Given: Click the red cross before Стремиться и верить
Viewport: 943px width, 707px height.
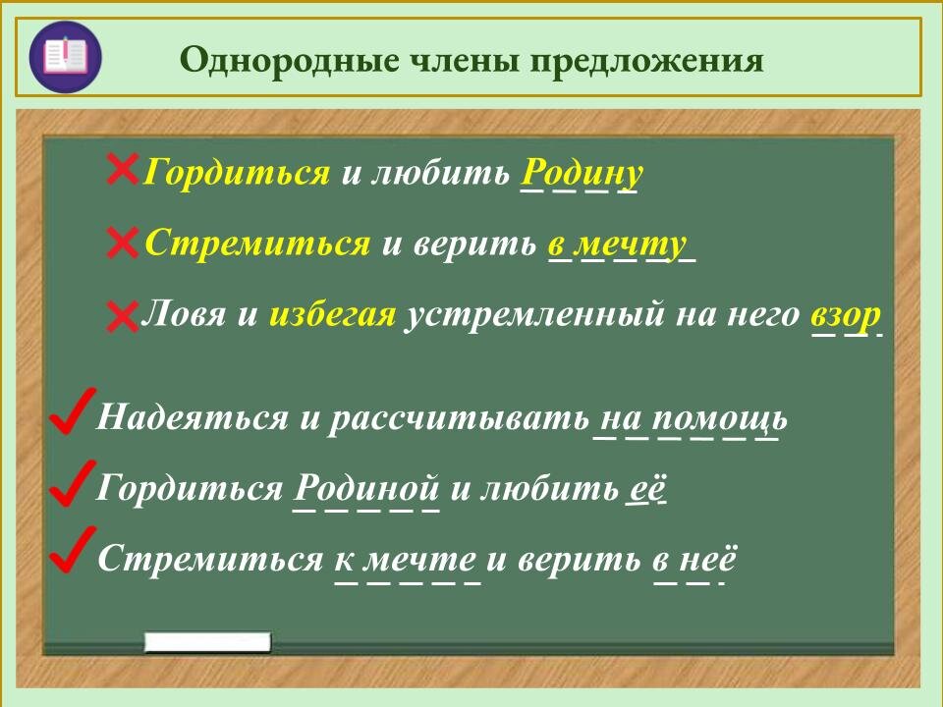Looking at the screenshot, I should (x=122, y=243).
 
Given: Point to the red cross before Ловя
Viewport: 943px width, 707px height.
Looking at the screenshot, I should (x=122, y=315).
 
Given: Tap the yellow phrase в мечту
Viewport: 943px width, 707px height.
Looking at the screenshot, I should (x=617, y=245).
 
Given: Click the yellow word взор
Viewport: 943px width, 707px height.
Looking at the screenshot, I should (x=845, y=315).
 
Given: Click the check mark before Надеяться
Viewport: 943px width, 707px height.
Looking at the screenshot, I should (x=71, y=411).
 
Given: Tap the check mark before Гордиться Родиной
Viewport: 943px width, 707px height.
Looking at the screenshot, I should (x=71, y=483).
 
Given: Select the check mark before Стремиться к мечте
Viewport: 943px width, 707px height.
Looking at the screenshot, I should (x=71, y=552).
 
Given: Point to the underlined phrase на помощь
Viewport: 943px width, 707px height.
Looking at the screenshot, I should (x=691, y=419).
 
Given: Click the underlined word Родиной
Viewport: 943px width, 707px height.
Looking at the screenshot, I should (x=365, y=488).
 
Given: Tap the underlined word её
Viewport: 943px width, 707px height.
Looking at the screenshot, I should (x=646, y=488).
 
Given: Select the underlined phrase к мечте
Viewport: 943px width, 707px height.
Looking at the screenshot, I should (x=406, y=560).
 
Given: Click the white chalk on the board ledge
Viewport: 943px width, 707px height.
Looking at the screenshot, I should (x=207, y=643).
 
